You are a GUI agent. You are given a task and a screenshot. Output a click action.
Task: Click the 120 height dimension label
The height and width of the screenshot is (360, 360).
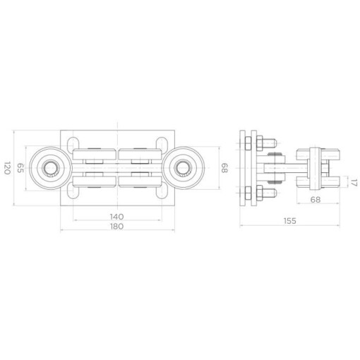[x=7, y=168]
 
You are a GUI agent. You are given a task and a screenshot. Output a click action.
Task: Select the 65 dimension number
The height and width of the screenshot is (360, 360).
[x=20, y=168]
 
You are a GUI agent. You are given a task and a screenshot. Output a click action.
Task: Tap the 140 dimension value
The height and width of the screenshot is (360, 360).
[x=117, y=216]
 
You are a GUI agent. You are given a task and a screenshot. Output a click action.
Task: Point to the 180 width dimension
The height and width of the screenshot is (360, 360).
[x=117, y=227]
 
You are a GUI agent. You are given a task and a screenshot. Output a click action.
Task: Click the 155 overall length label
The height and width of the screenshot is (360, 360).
[x=290, y=221]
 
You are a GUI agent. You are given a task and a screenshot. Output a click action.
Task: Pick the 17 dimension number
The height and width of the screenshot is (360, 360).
[x=354, y=182]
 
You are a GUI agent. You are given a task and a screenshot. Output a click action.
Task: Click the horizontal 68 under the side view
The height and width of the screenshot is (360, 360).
[x=316, y=200]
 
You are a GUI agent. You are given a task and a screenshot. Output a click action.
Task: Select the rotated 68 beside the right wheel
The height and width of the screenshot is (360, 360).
[x=224, y=168]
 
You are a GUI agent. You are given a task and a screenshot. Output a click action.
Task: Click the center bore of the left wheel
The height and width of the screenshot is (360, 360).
[x=49, y=168]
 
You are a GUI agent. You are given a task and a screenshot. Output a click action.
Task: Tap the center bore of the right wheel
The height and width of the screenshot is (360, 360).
[x=182, y=168]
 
